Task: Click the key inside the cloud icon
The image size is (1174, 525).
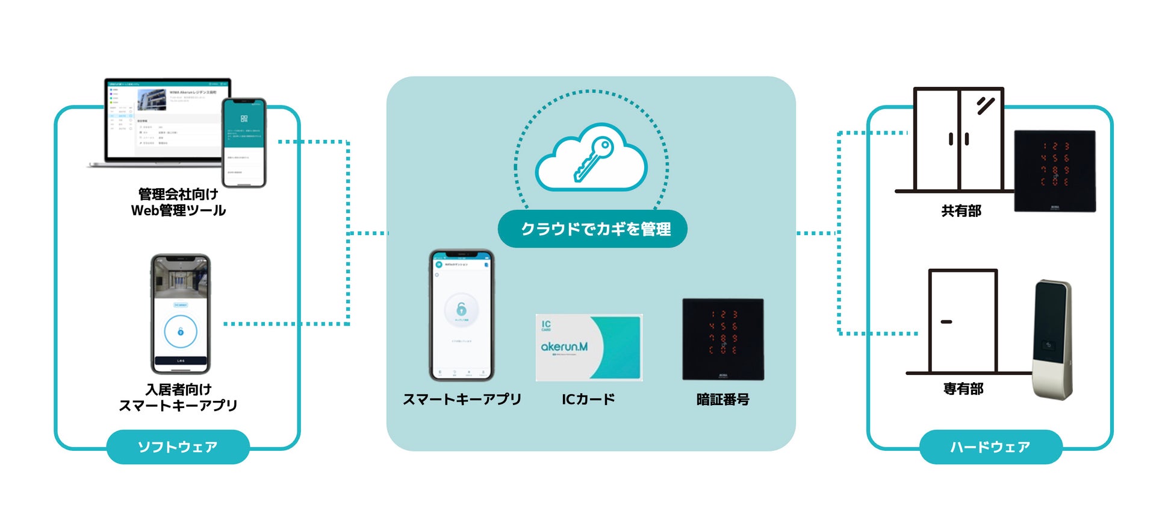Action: (593, 159)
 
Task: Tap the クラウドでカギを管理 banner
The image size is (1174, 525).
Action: (592, 229)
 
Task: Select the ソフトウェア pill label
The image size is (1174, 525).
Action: (178, 447)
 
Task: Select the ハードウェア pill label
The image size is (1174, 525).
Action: (990, 447)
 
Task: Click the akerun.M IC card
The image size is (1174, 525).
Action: (589, 347)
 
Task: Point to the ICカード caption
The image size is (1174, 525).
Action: (588, 399)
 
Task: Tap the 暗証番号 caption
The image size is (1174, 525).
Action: (722, 399)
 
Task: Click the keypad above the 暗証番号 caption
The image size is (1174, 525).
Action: (722, 339)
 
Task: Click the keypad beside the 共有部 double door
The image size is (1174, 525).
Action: (1055, 171)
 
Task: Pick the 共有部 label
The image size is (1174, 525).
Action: (961, 211)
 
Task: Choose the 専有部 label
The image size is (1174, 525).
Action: (963, 389)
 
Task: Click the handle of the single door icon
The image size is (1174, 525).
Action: (946, 322)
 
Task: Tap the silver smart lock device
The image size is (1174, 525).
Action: (1052, 339)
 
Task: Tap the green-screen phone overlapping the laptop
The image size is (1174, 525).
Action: (244, 142)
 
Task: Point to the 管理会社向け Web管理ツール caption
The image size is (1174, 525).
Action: (178, 202)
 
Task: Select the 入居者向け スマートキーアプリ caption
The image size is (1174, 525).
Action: (178, 397)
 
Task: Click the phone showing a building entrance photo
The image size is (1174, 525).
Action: (180, 313)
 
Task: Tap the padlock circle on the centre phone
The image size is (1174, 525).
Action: (461, 310)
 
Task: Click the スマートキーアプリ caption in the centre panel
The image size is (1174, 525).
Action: (462, 399)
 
